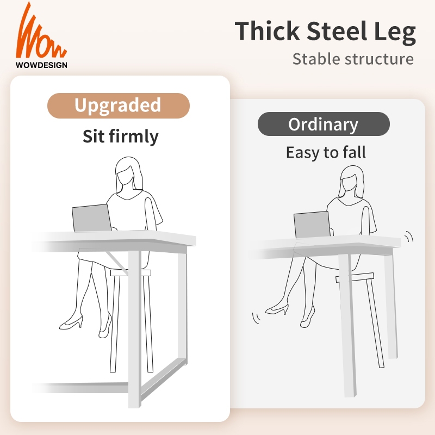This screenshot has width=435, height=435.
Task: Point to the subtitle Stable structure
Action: coord(353,58)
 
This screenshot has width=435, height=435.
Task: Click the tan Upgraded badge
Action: coord(118,105)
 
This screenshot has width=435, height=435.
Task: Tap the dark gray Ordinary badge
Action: coord(324,124)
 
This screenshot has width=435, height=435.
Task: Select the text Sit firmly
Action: coord(120,136)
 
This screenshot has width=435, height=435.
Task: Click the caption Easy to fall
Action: coord(326,152)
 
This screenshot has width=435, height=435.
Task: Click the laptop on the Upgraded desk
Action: coord(92,218)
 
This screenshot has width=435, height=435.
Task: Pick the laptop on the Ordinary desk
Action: coord(312,225)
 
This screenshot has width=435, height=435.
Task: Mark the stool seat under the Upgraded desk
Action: coord(130,273)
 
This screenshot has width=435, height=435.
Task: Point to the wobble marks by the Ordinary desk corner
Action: coord(409,236)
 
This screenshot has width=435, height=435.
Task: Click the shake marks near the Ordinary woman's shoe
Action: coord(254,317)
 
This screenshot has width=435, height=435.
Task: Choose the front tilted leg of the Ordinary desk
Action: coord(348,326)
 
